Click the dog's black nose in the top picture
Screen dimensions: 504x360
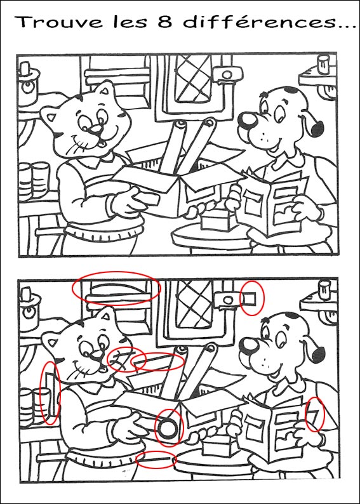tap(246, 119)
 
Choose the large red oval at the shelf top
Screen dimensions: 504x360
tap(116, 289)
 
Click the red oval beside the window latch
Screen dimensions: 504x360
tap(251, 298)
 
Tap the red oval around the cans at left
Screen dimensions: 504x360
tap(49, 393)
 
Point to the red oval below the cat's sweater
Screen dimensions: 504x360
tap(156, 459)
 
